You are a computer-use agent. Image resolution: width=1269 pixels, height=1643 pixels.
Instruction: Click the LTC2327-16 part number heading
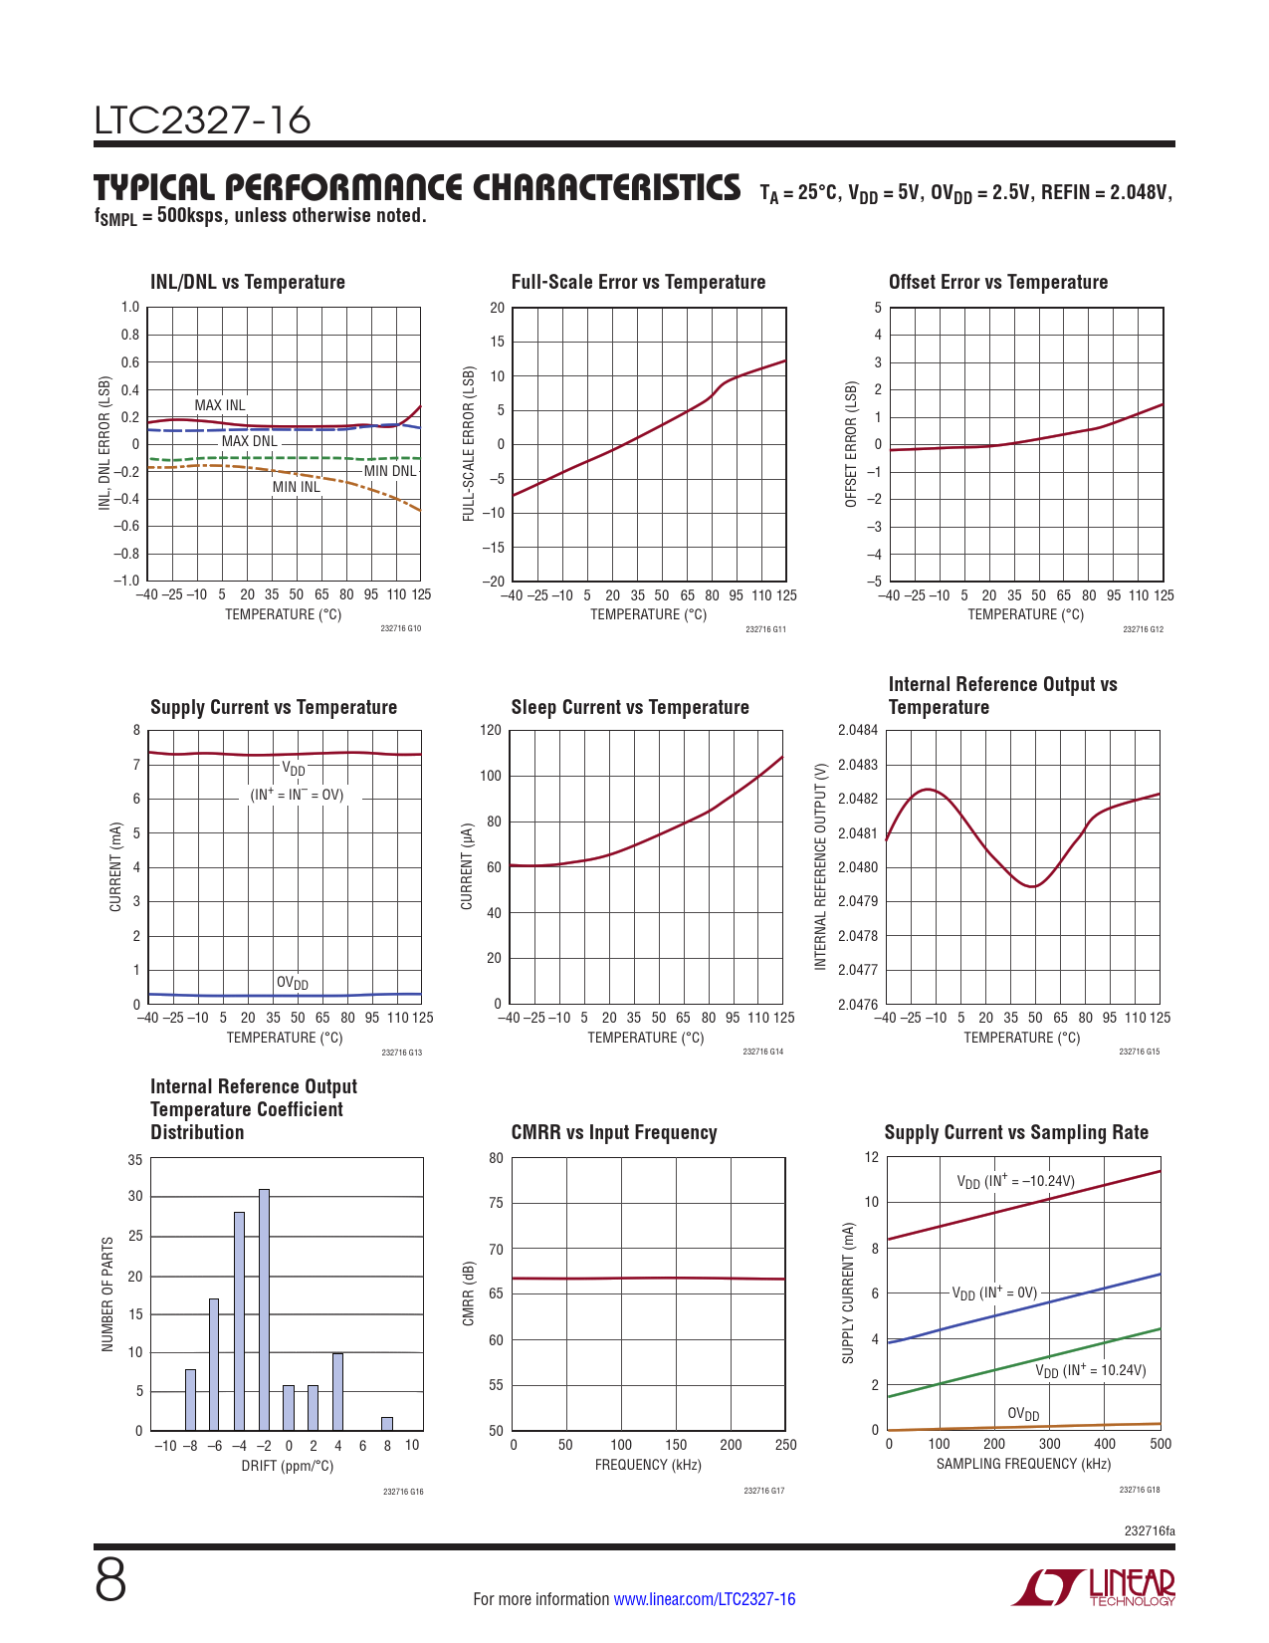click(x=202, y=120)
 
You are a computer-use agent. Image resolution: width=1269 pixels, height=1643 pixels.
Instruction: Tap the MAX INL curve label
click(x=219, y=405)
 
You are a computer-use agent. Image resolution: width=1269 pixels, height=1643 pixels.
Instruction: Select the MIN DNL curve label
click(x=389, y=471)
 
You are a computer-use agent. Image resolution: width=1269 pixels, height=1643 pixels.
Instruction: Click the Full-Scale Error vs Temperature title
click(x=638, y=282)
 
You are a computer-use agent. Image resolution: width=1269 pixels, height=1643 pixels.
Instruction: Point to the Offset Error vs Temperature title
click(x=997, y=282)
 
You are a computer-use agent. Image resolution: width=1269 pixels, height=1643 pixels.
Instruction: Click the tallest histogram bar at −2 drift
click(x=264, y=1309)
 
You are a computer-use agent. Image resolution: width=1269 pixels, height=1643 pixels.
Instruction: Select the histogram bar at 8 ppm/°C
click(x=387, y=1424)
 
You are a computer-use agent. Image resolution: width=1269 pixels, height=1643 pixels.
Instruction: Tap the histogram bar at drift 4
click(x=337, y=1391)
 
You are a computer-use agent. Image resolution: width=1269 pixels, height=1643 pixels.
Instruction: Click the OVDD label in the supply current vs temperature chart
click(x=293, y=983)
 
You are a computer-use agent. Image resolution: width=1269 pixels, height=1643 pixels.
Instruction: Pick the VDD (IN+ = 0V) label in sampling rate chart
click(x=993, y=1293)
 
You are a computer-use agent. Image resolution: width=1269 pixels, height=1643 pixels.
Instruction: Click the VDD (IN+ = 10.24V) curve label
click(x=1090, y=1371)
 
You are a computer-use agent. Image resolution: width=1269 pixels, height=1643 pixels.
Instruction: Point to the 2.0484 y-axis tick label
click(x=858, y=731)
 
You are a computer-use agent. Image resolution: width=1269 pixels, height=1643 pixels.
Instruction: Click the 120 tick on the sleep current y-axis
click(x=491, y=730)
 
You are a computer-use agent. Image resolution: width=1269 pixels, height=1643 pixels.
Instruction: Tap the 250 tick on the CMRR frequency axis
click(x=785, y=1445)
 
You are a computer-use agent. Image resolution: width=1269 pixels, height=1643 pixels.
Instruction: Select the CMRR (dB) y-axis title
click(x=469, y=1293)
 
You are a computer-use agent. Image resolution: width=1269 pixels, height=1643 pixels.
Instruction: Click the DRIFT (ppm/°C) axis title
click(x=288, y=1466)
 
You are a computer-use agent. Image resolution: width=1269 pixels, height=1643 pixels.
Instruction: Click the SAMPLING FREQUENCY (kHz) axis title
click(x=1023, y=1464)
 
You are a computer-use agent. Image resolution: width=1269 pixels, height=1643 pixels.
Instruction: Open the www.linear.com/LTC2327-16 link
click(x=704, y=1599)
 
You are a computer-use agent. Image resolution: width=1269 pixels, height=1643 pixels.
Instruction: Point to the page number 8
click(x=110, y=1581)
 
